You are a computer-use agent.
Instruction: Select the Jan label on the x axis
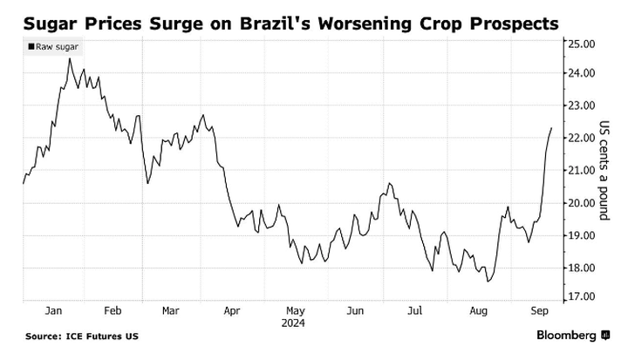[53, 309]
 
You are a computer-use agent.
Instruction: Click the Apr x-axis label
[232, 309]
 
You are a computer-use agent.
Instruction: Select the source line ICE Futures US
[81, 336]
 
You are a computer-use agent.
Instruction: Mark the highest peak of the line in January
[69, 58]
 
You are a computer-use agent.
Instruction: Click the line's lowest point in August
[488, 282]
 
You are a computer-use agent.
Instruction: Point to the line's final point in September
[551, 128]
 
